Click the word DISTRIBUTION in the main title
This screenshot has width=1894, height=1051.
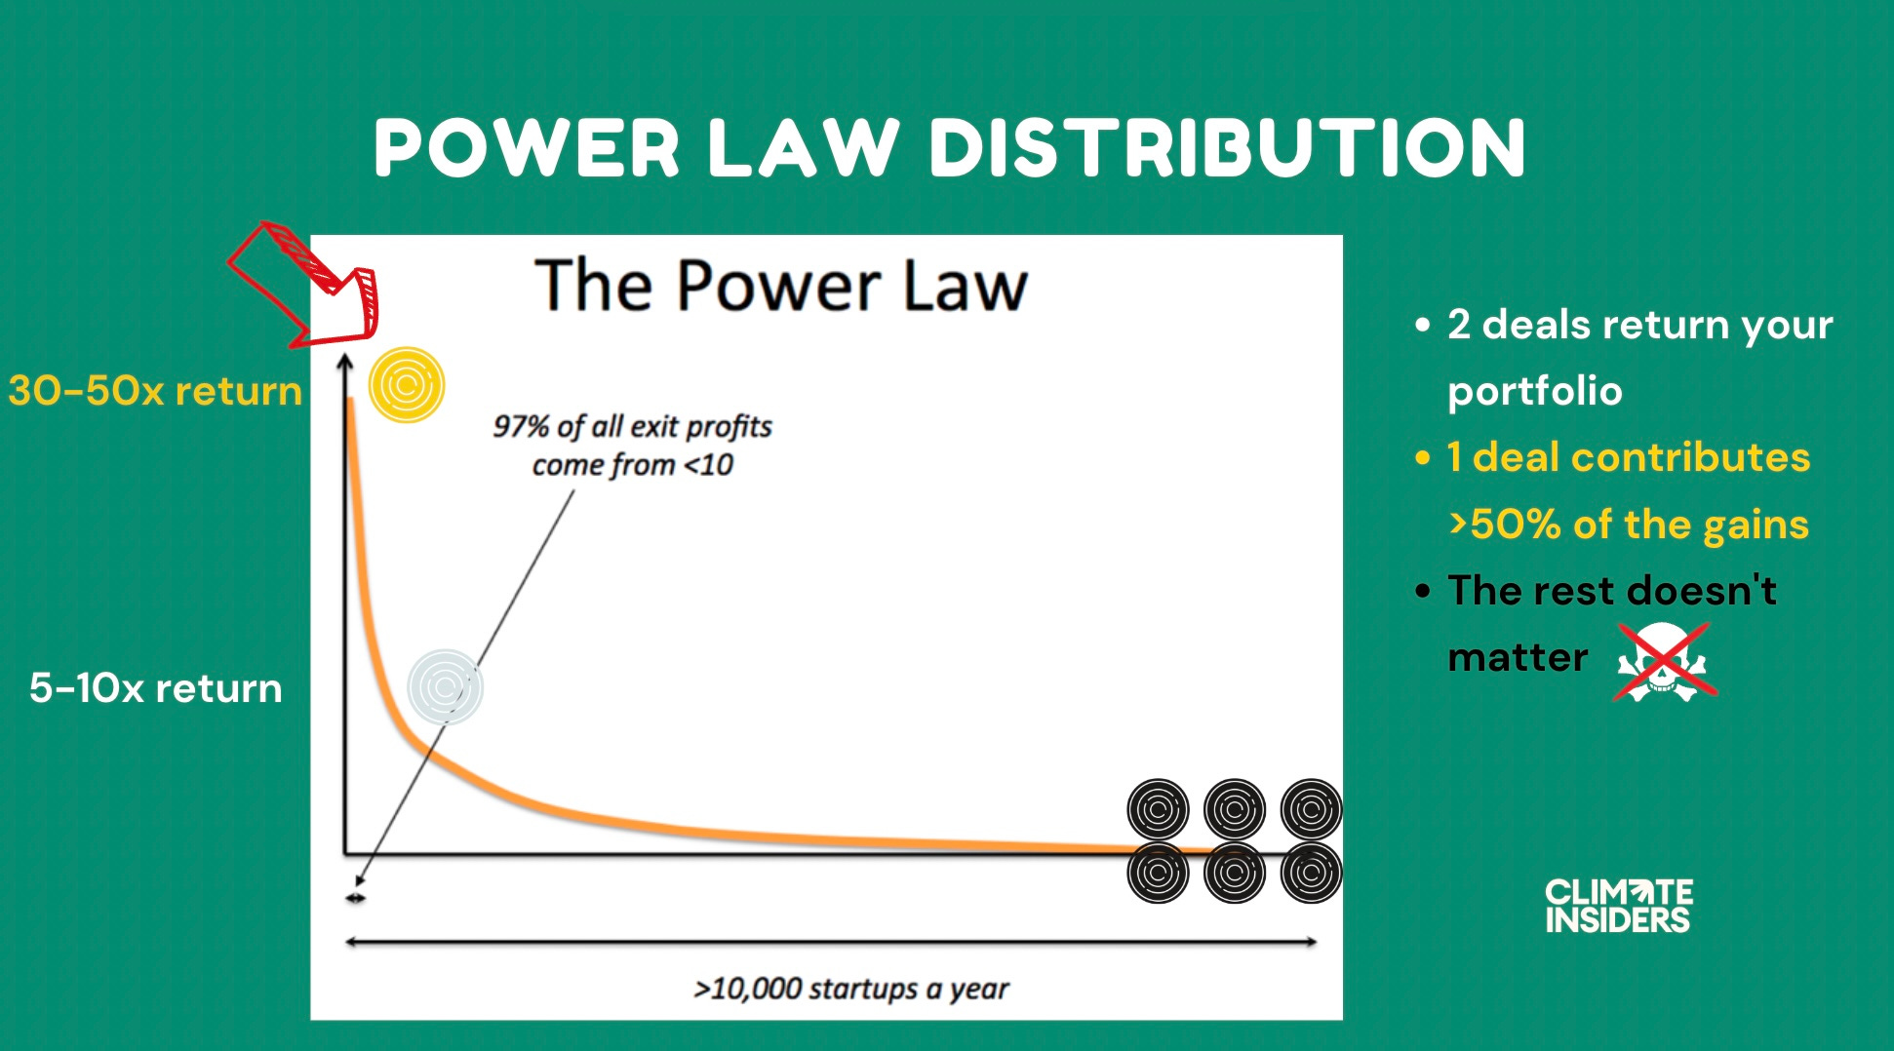click(x=1228, y=148)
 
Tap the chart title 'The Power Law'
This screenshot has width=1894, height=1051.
click(x=781, y=286)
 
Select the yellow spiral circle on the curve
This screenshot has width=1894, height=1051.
click(x=406, y=385)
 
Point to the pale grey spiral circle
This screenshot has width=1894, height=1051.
click(x=445, y=686)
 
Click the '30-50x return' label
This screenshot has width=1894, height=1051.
click(x=155, y=391)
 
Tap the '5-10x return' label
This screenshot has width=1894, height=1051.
click(x=156, y=688)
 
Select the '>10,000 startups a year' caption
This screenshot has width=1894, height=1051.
click(x=850, y=989)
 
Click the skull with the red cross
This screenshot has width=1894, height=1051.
click(x=1664, y=662)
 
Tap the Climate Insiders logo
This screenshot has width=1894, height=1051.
click(x=1618, y=906)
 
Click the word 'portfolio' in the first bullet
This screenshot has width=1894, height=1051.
click(x=1534, y=391)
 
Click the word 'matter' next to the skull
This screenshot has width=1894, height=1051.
click(x=1518, y=658)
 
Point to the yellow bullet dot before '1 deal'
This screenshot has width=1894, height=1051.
click(x=1423, y=457)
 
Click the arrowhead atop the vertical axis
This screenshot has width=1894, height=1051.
click(x=344, y=363)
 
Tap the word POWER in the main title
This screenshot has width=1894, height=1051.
click(x=527, y=148)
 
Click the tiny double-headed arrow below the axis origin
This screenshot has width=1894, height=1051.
click(x=356, y=898)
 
